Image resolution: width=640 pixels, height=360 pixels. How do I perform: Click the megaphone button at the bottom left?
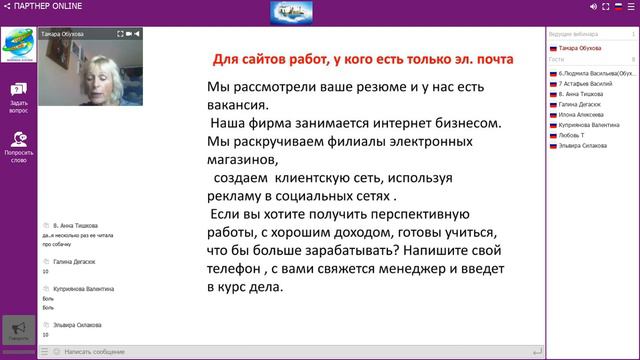18,331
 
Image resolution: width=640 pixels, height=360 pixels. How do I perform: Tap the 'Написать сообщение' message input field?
95,352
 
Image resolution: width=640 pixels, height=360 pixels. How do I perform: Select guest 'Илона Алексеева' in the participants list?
582,114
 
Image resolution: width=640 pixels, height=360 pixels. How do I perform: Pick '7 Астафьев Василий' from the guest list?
585,83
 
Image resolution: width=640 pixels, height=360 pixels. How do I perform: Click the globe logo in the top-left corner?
18,45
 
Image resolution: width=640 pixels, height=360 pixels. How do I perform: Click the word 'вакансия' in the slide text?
235,104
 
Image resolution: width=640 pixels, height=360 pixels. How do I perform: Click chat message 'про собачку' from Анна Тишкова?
57,243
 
